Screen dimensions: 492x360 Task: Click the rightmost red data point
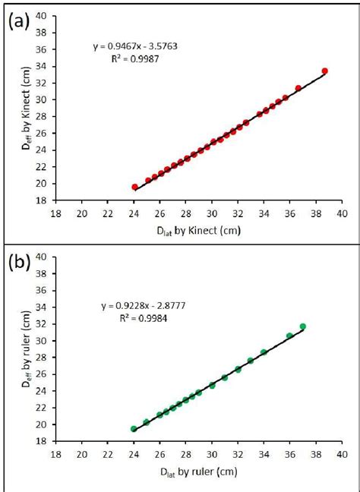(x=325, y=71)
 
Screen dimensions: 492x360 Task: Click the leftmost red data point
(x=135, y=187)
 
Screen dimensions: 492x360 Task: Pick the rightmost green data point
(x=303, y=326)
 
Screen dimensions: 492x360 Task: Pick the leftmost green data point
(x=134, y=429)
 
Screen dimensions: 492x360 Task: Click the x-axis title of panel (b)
(x=198, y=472)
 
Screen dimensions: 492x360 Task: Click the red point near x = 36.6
(x=298, y=88)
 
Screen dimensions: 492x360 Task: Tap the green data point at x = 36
(x=289, y=336)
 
